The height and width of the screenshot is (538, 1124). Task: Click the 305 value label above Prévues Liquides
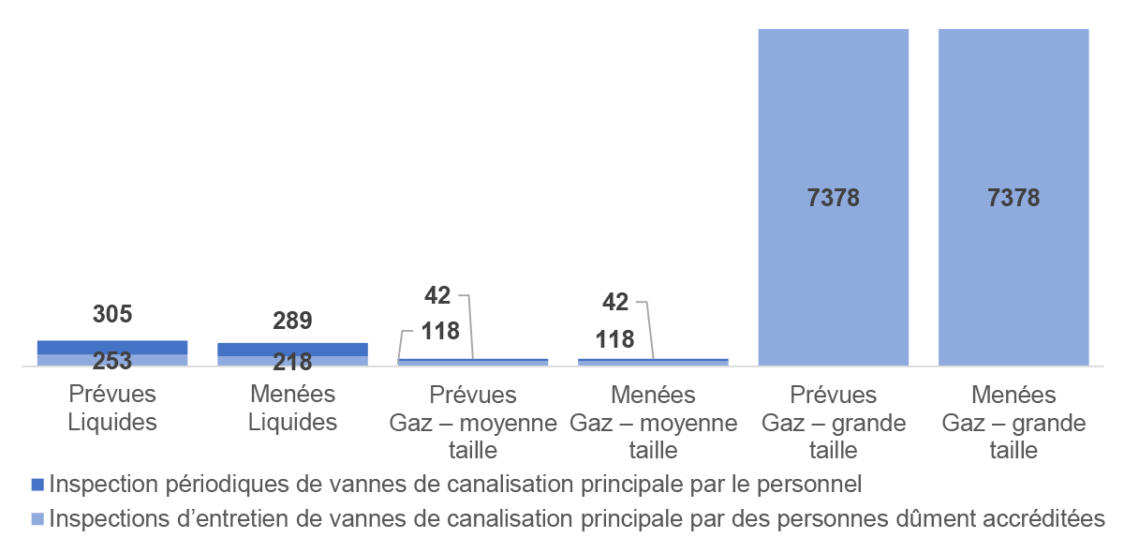(112, 315)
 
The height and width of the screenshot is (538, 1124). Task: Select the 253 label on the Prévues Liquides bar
(112, 361)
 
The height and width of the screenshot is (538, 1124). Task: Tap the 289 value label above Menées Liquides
(292, 321)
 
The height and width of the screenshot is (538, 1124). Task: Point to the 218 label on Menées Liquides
(292, 362)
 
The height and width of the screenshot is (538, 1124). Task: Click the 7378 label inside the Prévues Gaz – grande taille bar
(834, 199)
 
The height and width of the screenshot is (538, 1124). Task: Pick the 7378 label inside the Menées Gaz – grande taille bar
(1013, 199)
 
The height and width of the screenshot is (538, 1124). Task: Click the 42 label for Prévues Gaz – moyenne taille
(436, 295)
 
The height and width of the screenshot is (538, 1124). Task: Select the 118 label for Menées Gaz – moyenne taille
(615, 339)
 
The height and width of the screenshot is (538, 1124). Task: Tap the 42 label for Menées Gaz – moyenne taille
(615, 302)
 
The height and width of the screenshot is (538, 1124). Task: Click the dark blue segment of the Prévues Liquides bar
(112, 347)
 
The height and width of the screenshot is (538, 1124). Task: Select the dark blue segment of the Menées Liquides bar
(292, 349)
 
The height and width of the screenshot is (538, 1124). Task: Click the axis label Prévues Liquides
(112, 408)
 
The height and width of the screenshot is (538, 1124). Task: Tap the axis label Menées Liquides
(292, 408)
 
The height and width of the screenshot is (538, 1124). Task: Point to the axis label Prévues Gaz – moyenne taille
(472, 423)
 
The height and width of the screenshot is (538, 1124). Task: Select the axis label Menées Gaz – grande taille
(1013, 423)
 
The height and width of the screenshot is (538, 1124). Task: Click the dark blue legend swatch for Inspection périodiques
(37, 485)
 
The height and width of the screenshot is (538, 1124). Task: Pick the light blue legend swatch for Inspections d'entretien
(37, 518)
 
